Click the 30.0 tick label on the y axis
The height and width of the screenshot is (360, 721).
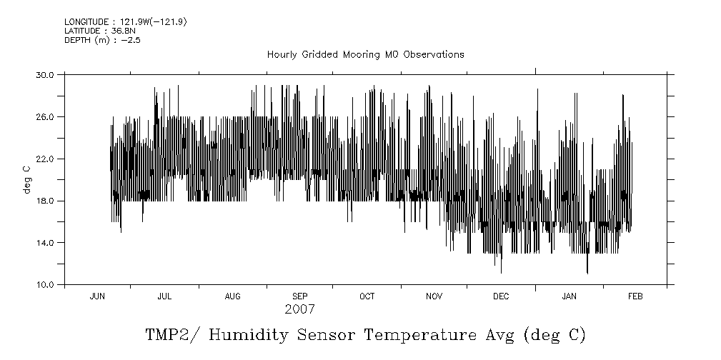pyautogui.click(x=46, y=74)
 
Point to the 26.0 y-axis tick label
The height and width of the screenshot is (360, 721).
pyautogui.click(x=46, y=116)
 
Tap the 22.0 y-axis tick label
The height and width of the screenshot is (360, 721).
pyautogui.click(x=46, y=159)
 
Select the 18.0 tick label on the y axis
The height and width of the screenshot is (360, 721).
pyautogui.click(x=46, y=201)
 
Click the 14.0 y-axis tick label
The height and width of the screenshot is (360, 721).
pyautogui.click(x=46, y=243)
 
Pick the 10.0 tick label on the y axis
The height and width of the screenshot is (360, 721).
pyautogui.click(x=46, y=285)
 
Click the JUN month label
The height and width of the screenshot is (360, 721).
pyautogui.click(x=97, y=296)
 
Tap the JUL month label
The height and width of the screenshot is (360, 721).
pyautogui.click(x=164, y=296)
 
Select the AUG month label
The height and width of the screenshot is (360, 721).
pyautogui.click(x=233, y=296)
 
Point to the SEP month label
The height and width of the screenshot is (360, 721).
pyautogui.click(x=300, y=296)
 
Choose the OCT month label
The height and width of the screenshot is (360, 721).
pyautogui.click(x=367, y=296)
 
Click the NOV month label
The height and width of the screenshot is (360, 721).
pyautogui.click(x=434, y=296)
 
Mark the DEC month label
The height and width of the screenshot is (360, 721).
pyautogui.click(x=501, y=296)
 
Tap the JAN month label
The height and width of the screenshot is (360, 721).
pyautogui.click(x=570, y=296)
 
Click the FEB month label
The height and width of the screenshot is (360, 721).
pyautogui.click(x=635, y=296)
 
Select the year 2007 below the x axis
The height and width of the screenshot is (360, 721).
pyautogui.click(x=299, y=310)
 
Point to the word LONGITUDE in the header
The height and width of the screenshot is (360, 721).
pyautogui.click(x=86, y=22)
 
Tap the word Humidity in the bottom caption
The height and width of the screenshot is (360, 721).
pyautogui.click(x=252, y=335)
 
